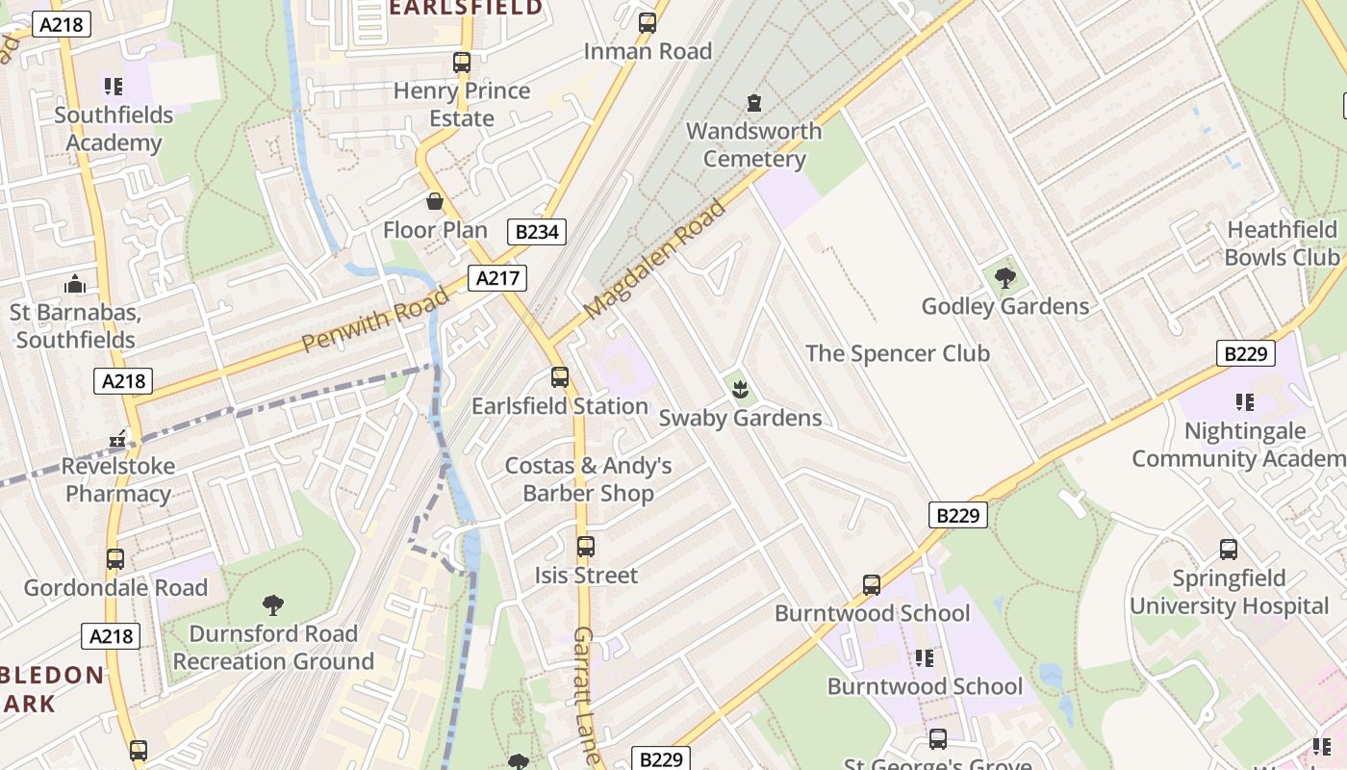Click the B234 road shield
coord(537,231)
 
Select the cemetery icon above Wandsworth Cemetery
coord(754,102)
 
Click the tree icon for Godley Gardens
coord(1005,279)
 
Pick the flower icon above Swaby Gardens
coord(740,390)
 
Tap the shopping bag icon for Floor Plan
coord(435,202)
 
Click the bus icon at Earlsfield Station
coord(560,377)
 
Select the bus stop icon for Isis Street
coord(586,547)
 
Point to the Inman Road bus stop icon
coord(648,23)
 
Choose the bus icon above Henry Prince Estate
coord(462,63)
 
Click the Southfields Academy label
coord(114,129)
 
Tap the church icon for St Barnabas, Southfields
coord(74,285)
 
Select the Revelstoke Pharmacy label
coord(117,480)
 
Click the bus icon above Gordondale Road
coord(115,559)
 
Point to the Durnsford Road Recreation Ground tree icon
coord(273,605)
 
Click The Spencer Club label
coord(897,353)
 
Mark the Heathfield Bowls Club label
coord(1282,244)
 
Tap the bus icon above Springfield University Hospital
coord(1229,550)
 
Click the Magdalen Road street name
coord(654,261)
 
